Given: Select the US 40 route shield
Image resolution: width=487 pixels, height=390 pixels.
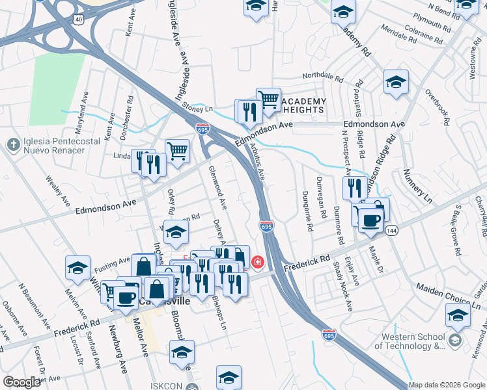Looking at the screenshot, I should (x=79, y=19).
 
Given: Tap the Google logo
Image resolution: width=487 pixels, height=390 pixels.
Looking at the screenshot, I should (x=22, y=382).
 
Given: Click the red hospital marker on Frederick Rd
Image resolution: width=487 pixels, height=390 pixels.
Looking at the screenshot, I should (x=258, y=262).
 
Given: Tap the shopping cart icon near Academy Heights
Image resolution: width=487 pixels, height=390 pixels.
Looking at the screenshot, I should (x=268, y=98).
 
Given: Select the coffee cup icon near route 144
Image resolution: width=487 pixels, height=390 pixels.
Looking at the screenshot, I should (x=370, y=219).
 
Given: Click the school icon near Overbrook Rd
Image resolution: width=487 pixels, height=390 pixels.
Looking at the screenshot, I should (x=396, y=82).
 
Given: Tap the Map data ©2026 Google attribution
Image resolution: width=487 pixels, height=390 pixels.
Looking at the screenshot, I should (x=446, y=385).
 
